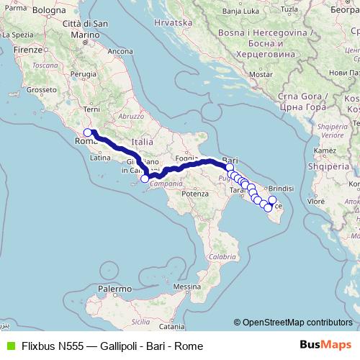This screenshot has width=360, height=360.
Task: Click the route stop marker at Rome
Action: tap(88, 132)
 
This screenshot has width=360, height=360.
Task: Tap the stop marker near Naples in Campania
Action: tap(145, 178)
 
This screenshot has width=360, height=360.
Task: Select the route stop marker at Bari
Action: tap(229, 167)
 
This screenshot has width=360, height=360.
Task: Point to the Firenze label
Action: tap(28, 51)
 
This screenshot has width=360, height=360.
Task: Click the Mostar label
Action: tap(261, 74)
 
